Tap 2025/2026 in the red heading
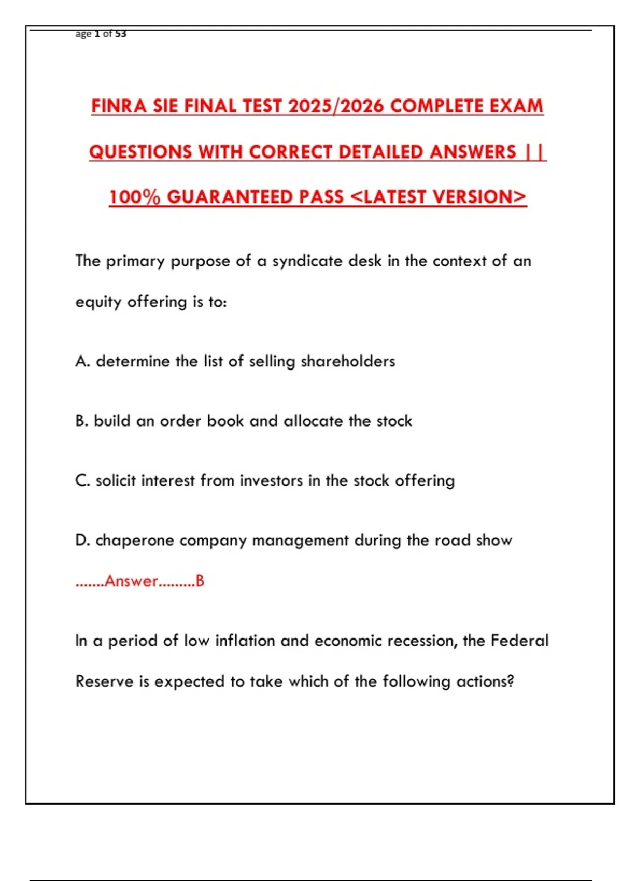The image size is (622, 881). click(x=336, y=106)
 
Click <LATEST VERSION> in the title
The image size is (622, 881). click(x=439, y=197)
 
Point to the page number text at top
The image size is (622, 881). click(x=101, y=34)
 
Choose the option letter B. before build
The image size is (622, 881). click(x=81, y=421)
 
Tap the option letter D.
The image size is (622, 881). click(x=82, y=540)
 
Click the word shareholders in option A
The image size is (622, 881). click(x=348, y=361)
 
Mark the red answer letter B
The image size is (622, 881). click(x=200, y=581)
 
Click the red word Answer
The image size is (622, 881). click(x=131, y=581)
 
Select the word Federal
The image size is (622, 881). click(x=519, y=641)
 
